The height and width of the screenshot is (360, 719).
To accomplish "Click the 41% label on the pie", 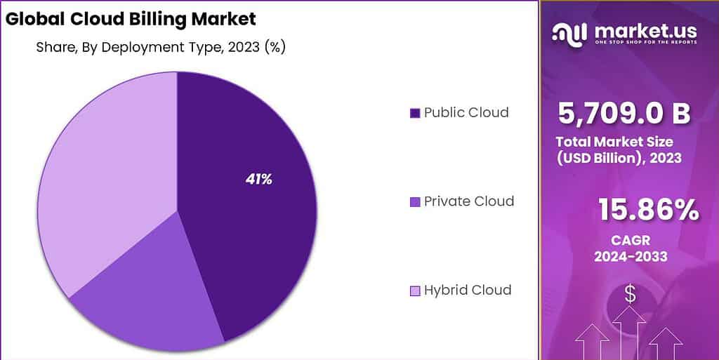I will point(258,179).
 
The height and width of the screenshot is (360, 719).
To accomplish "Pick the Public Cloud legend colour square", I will point(414,113).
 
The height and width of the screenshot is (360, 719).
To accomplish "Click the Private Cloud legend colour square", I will point(414,202).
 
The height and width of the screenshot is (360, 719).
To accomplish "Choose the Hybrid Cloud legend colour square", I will point(414,291).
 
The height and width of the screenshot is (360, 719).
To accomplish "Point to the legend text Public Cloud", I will point(466,112).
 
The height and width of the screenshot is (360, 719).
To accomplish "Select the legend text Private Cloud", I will point(469,201).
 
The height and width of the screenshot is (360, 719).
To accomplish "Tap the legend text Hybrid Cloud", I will point(468,290).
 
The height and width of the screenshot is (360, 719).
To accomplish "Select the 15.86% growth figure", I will point(648,210).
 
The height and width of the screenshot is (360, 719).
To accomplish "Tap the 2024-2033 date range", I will point(630,257).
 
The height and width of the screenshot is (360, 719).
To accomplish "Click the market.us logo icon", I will point(569,32).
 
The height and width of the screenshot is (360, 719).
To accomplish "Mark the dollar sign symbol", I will point(630,295).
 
